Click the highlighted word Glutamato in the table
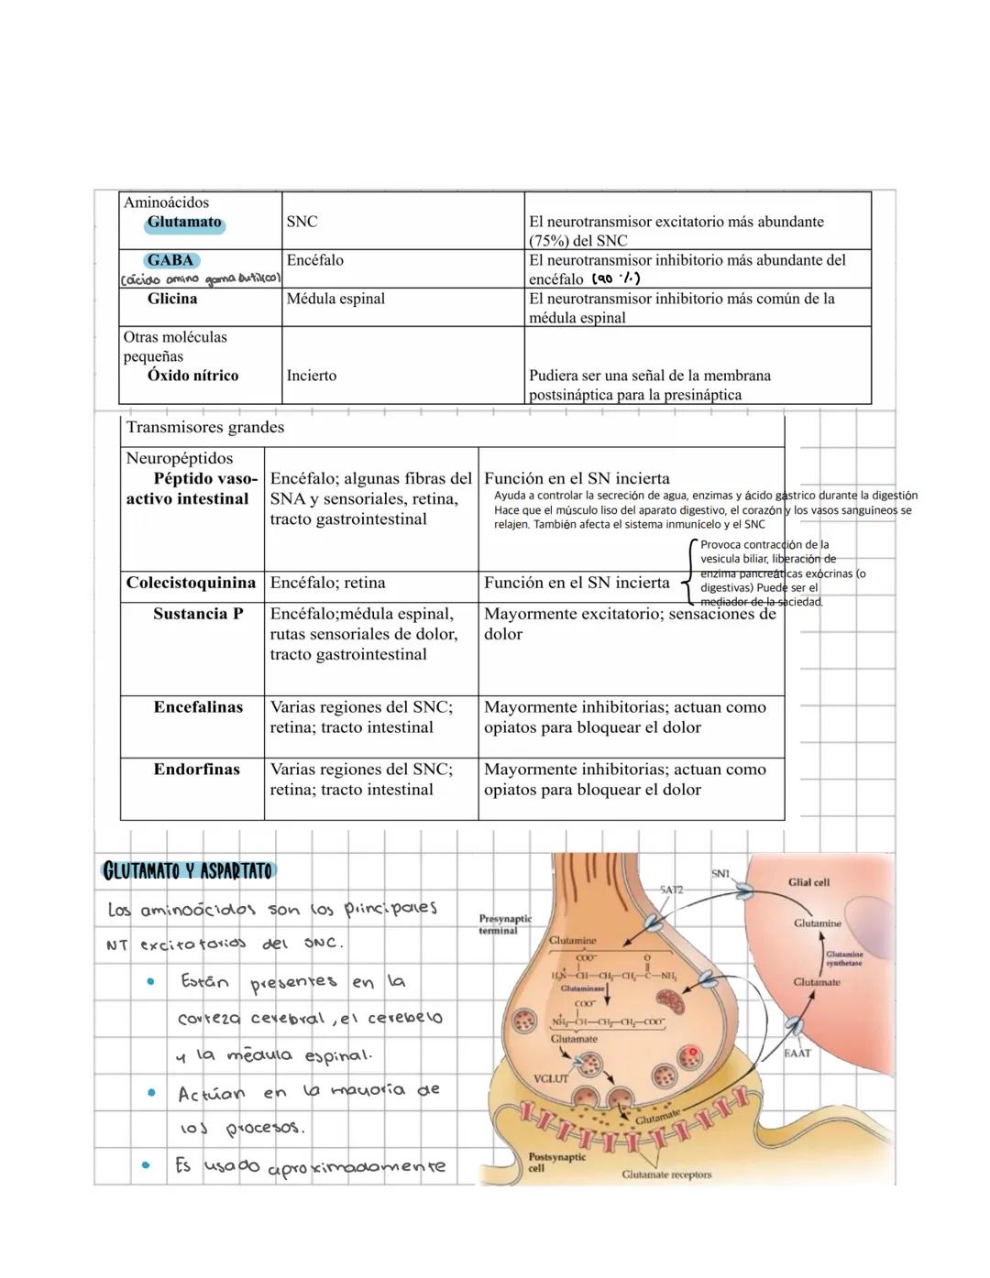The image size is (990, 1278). pyautogui.click(x=184, y=223)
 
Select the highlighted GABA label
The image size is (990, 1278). pyautogui.click(x=170, y=260)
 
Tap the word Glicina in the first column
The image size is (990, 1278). pyautogui.click(x=172, y=299)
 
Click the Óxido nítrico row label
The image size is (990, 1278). pyautogui.click(x=192, y=376)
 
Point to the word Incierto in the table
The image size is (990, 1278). pyautogui.click(x=312, y=376)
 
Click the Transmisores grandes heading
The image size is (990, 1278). pyautogui.click(x=205, y=427)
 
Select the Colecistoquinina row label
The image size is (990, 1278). pyautogui.click(x=191, y=583)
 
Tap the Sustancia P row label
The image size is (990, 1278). pyautogui.click(x=198, y=614)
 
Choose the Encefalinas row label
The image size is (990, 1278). pyautogui.click(x=198, y=707)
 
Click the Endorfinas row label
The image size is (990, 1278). pyautogui.click(x=196, y=770)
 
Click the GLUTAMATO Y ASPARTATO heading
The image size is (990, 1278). pyautogui.click(x=189, y=870)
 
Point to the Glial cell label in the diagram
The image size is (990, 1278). pyautogui.click(x=808, y=882)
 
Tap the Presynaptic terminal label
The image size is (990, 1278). pyautogui.click(x=504, y=924)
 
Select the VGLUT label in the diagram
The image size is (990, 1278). pyautogui.click(x=551, y=1078)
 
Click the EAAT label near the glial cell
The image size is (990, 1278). pyautogui.click(x=797, y=1054)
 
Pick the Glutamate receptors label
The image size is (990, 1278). pyautogui.click(x=666, y=1174)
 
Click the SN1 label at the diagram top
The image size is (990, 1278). pyautogui.click(x=720, y=874)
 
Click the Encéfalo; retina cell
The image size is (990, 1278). pyautogui.click(x=327, y=583)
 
